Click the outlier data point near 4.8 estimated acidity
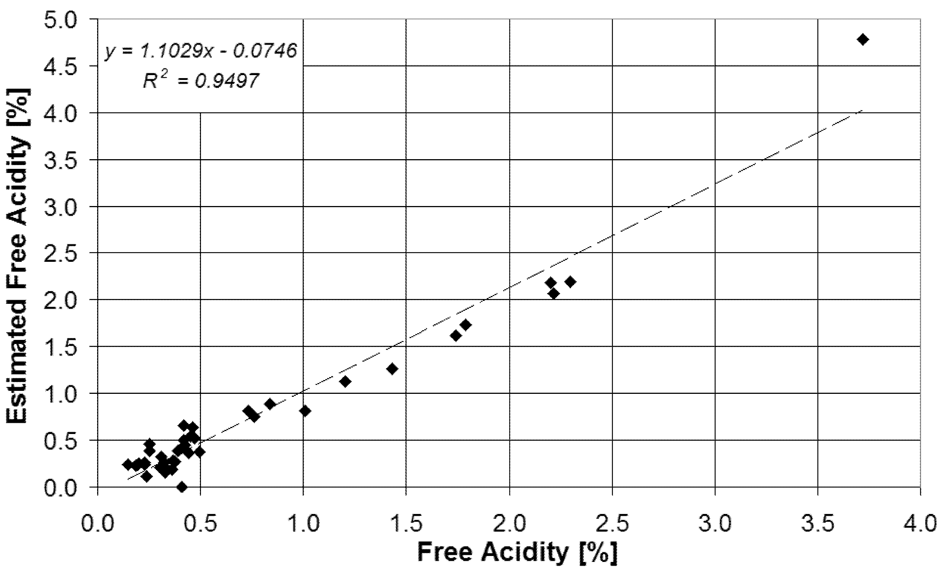863,40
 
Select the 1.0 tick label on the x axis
304,524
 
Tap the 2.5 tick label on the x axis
613,524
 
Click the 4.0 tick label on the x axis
920,524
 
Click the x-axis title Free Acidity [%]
517,552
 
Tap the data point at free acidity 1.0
305,411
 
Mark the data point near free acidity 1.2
346,381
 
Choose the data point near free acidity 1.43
392,369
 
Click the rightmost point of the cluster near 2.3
570,282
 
